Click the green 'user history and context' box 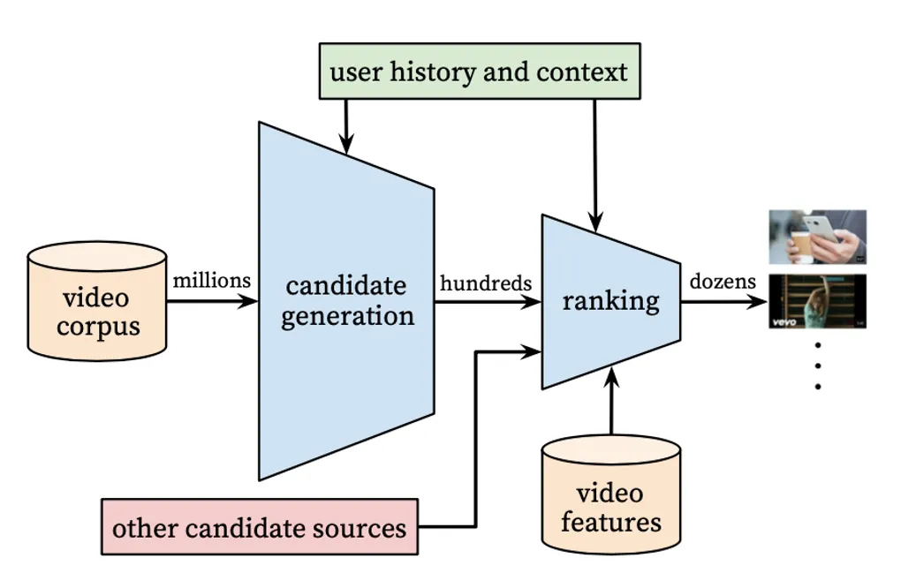(x=478, y=71)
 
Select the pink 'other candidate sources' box (x=259, y=527)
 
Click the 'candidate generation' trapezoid (x=346, y=300)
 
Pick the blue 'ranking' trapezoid (x=610, y=301)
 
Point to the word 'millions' (x=212, y=281)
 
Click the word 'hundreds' (x=486, y=283)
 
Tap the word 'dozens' (x=723, y=282)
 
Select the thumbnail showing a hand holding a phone (x=817, y=237)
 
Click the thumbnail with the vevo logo (x=817, y=303)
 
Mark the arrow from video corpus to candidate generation (x=212, y=301)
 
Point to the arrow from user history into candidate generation (x=346, y=124)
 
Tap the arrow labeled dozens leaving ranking (x=723, y=301)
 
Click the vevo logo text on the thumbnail (x=784, y=322)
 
